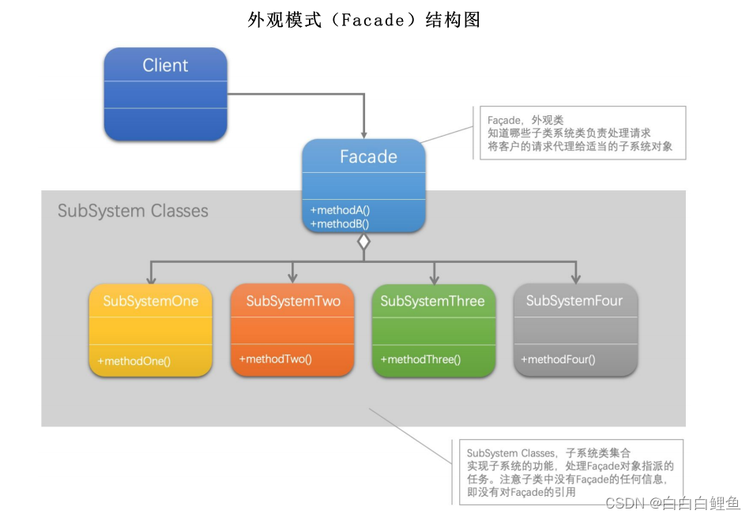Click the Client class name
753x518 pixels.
coord(165,66)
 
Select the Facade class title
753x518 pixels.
coord(368,156)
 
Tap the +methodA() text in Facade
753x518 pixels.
coord(340,211)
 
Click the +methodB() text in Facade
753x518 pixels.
coord(340,223)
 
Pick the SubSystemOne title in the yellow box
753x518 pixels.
coord(150,302)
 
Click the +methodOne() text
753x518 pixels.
coord(134,361)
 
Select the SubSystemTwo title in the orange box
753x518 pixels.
coord(293,302)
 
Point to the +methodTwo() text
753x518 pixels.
coord(276,359)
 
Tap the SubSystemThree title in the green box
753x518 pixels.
coord(432,302)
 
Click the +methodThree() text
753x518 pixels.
coord(420,359)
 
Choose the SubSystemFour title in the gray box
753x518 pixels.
coord(574,301)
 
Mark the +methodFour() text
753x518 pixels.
coord(559,359)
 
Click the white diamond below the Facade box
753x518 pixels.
coord(363,242)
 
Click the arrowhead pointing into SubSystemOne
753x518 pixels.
coord(150,279)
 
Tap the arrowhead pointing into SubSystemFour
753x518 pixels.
coord(575,279)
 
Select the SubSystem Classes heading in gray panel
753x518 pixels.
coord(133,211)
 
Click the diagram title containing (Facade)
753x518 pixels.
coord(364,20)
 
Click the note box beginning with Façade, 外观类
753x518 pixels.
coord(582,133)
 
